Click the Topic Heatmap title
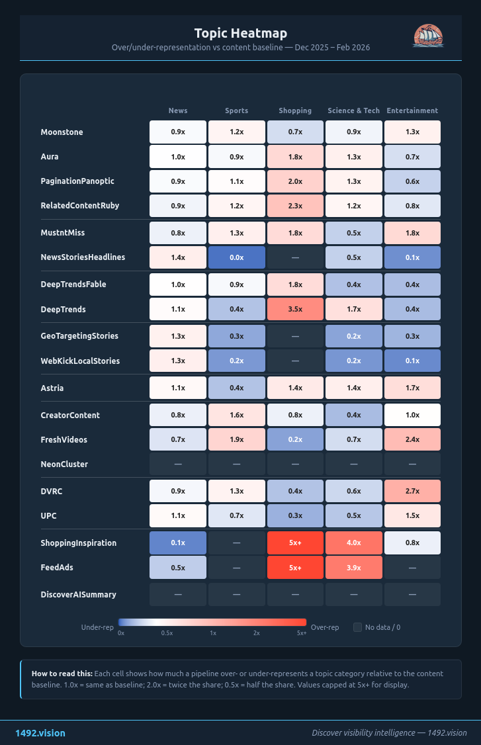pyautogui.click(x=240, y=33)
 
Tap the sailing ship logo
pyautogui.click(x=427, y=36)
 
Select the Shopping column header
pyautogui.click(x=295, y=110)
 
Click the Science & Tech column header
pyautogui.click(x=353, y=110)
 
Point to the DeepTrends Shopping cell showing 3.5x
pyautogui.click(x=295, y=309)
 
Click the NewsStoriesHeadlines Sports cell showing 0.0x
pyautogui.click(x=236, y=257)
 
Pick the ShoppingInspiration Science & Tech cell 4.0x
pyautogui.click(x=353, y=543)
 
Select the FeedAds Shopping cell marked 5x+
pyautogui.click(x=295, y=568)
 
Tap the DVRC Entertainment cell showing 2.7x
pyautogui.click(x=412, y=491)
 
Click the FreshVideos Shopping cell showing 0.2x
pyautogui.click(x=295, y=439)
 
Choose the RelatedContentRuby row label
pyautogui.click(x=79, y=206)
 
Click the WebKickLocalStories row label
pyautogui.click(x=79, y=361)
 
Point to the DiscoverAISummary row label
pyautogui.click(x=78, y=594)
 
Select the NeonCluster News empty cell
pyautogui.click(x=178, y=464)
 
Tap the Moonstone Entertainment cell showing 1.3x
pyautogui.click(x=412, y=132)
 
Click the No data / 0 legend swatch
pyautogui.click(x=357, y=627)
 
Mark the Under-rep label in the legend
pyautogui.click(x=97, y=627)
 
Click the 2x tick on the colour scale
pyautogui.click(x=256, y=633)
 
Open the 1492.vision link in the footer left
pyautogui.click(x=40, y=733)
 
